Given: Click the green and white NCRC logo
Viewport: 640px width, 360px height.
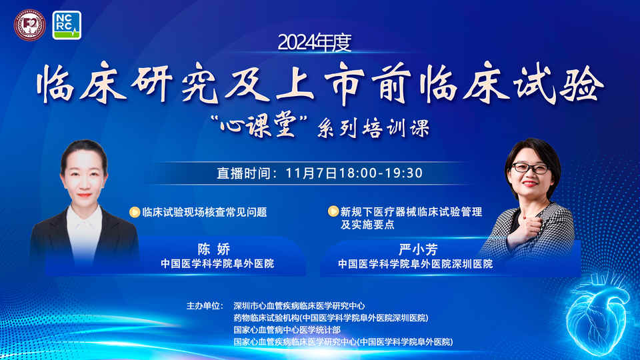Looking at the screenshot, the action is [67, 25].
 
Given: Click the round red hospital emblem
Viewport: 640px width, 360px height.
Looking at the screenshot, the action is [30, 25].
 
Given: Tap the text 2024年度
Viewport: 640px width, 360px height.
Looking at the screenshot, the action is [314, 43].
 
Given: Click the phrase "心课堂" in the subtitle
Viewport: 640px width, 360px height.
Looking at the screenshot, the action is [258, 127].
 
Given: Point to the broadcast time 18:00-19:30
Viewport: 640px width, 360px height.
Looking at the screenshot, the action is [381, 173].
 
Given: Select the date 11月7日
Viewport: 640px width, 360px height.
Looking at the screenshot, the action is [311, 173].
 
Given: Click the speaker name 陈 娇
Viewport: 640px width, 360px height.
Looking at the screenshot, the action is [214, 249].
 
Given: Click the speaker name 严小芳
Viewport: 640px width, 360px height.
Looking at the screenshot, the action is [419, 249].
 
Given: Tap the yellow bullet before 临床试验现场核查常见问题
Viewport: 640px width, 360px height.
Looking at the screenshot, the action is [135, 212].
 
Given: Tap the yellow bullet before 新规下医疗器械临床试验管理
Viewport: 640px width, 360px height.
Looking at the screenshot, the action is [333, 211].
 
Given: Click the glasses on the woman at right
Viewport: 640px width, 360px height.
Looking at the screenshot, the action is [530, 168].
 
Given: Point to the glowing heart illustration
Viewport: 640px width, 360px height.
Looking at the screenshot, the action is [597, 313].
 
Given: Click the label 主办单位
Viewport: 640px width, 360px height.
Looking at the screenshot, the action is [205, 306].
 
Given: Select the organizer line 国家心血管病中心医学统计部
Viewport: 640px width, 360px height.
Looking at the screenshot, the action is [287, 330].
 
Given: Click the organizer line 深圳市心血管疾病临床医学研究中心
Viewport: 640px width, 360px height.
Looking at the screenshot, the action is [299, 306].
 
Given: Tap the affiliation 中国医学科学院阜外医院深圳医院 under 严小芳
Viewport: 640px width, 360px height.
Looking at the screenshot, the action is [415, 264].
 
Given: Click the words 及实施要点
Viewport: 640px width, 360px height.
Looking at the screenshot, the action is [367, 225].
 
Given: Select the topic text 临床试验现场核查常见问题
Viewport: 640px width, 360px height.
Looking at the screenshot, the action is [205, 212].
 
